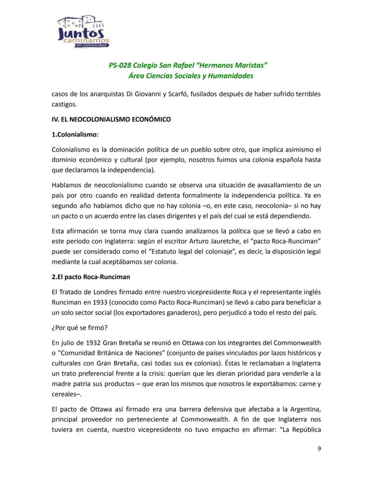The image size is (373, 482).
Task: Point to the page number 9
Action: coord(319,448)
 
